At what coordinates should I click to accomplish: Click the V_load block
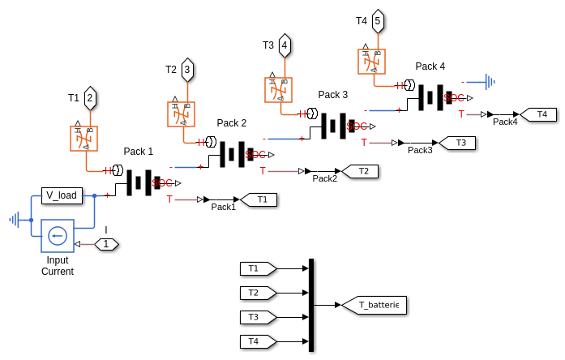pos(62,195)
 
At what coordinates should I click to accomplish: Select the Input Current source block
pos(57,236)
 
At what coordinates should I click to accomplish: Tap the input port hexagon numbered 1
pos(106,244)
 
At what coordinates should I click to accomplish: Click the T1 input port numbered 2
pos(90,99)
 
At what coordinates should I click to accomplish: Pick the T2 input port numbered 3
pos(187,71)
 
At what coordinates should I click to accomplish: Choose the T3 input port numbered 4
pos(285,45)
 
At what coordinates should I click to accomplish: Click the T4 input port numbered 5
pos(378,21)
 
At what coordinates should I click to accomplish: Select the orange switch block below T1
pos(84,139)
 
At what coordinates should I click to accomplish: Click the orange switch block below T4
pos(372,62)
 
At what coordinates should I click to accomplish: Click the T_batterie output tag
pos(374,305)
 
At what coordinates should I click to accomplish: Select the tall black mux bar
pos(311,305)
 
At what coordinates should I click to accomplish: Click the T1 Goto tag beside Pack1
pos(259,199)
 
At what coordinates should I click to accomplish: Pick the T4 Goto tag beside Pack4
pos(539,114)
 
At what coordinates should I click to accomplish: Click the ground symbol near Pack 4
pos(489,81)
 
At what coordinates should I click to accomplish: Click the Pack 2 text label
pos(232,123)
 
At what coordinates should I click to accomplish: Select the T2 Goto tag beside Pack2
pos(361,171)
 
